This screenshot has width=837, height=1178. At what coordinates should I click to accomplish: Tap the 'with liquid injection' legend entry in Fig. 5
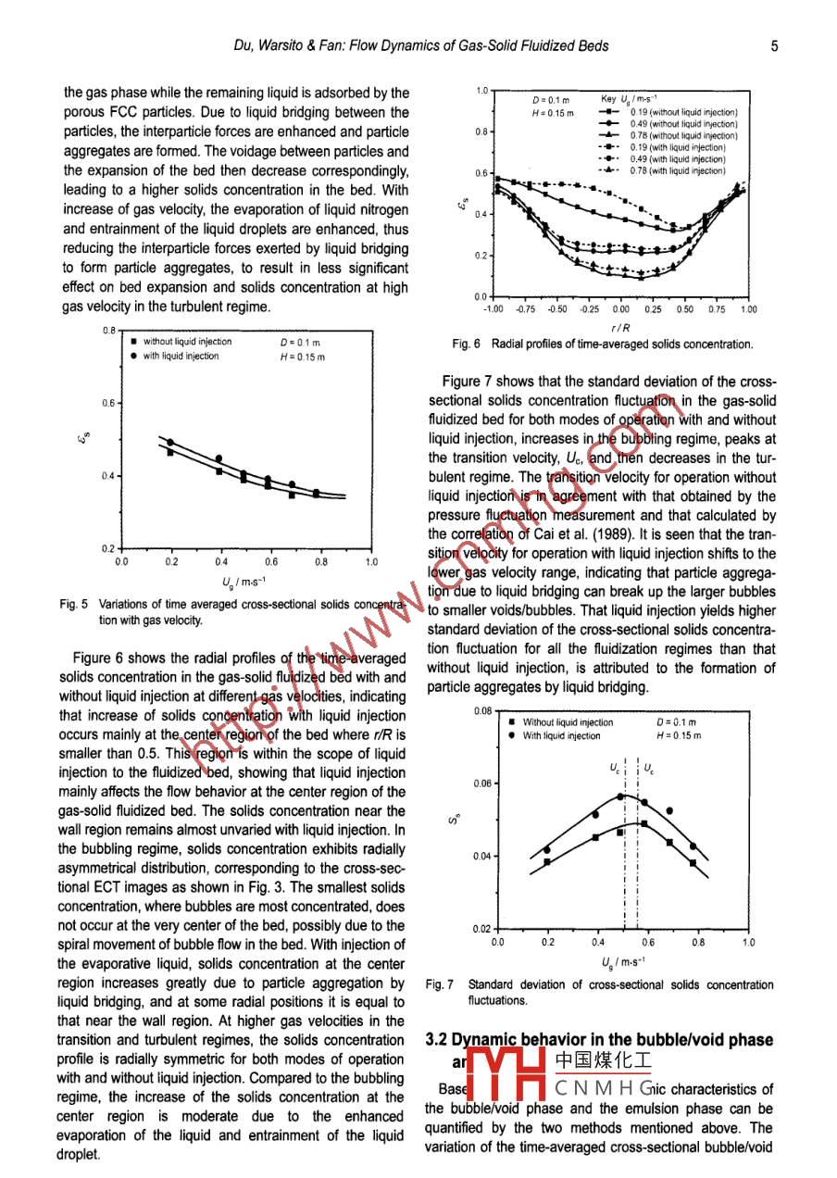coord(181,356)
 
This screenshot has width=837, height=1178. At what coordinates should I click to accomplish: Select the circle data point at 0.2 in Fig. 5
coord(169,442)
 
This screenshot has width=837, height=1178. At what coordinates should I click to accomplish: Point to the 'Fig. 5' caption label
coord(73,604)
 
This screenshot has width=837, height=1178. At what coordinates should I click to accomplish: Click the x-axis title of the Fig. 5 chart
coord(245,582)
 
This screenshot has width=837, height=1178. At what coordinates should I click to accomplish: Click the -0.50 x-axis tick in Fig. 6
coord(557,310)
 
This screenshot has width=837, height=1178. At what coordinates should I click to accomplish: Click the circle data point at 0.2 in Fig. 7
coord(547,849)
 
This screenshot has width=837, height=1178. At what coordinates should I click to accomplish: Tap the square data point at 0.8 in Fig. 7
coord(694,863)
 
